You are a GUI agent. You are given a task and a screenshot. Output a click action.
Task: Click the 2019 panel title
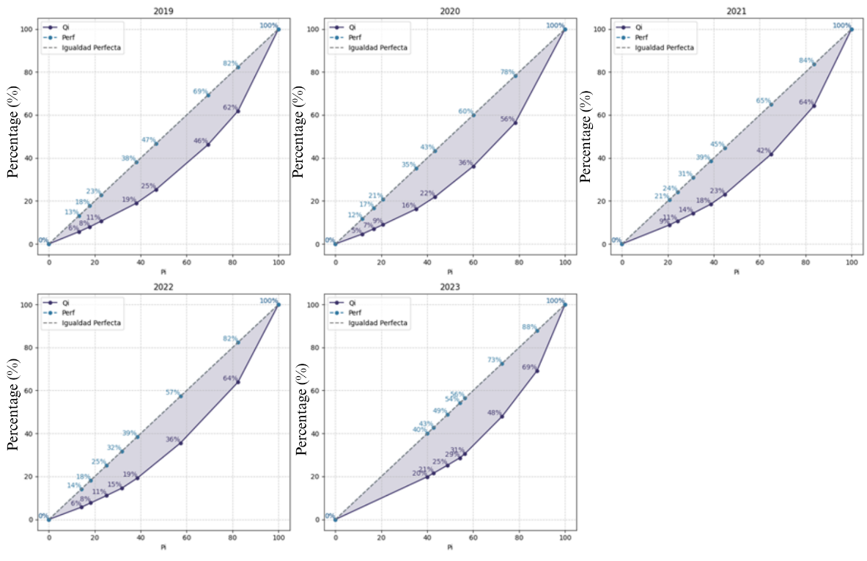tap(163, 12)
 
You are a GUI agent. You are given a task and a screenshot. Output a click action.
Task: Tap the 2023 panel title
tap(449, 287)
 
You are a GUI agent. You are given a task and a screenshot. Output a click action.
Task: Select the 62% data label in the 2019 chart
tap(230, 108)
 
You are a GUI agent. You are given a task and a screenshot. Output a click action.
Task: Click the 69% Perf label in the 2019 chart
tap(199, 92)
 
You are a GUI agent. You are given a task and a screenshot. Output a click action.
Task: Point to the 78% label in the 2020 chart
tap(507, 73)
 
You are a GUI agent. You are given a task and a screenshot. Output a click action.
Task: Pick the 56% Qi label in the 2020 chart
tap(507, 119)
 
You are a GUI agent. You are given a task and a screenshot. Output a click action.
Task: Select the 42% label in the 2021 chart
tap(763, 151)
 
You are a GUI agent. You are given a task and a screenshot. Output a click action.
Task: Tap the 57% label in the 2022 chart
tap(173, 393)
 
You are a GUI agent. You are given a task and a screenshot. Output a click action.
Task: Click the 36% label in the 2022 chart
tap(172, 440)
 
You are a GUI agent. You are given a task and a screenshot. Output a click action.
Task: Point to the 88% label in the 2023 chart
tap(529, 327)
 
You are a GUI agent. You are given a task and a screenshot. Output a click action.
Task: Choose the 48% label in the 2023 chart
tap(494, 413)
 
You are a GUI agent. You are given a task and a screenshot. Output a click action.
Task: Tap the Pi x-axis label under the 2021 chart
tap(737, 271)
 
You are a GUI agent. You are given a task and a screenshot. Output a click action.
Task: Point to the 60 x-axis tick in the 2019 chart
tap(187, 263)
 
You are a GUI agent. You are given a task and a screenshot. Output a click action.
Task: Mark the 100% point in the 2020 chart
tap(564, 29)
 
